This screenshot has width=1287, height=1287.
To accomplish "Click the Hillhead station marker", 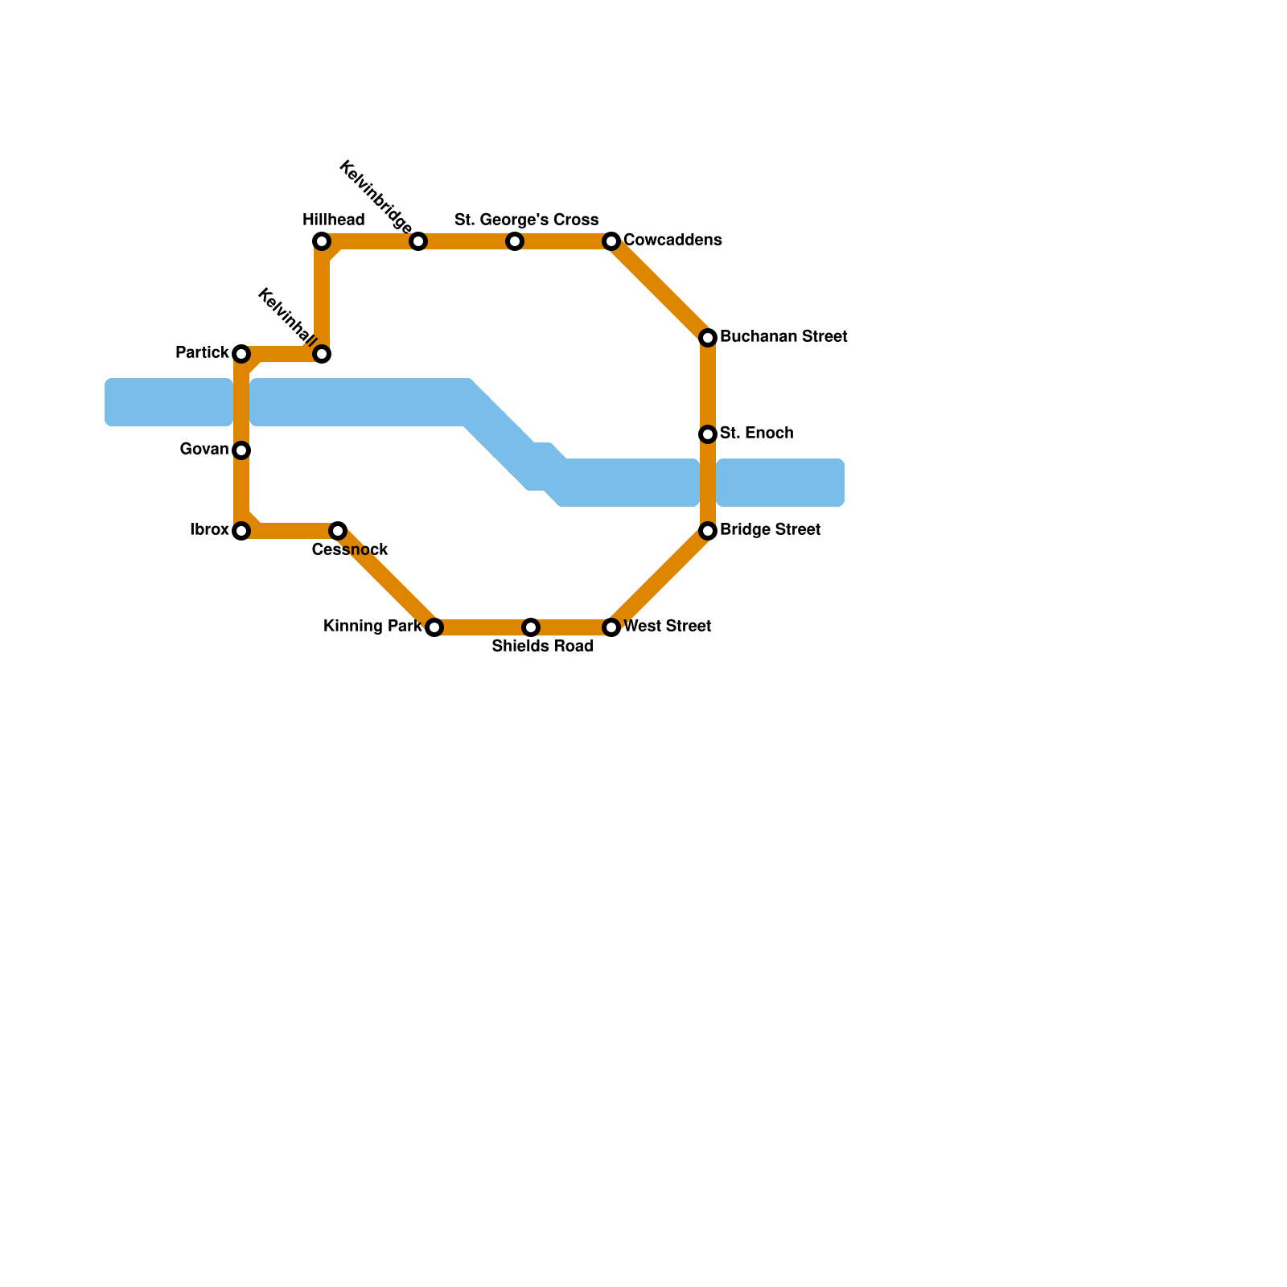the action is click(322, 241).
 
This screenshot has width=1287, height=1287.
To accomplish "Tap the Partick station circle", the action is click(241, 354).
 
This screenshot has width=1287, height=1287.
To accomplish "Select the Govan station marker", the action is click(241, 450).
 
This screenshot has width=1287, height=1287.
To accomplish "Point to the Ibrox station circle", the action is click(241, 531).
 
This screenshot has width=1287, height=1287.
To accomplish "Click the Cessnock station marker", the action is click(338, 531).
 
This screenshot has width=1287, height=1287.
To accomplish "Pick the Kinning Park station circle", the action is click(434, 627).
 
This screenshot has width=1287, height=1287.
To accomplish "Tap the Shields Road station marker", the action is click(531, 627).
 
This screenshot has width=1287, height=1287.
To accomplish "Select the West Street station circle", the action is click(611, 627).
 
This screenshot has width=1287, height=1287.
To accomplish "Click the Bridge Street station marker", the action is click(708, 531).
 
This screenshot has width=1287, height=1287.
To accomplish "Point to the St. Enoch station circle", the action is click(708, 434).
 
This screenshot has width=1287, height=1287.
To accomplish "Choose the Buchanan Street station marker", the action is click(708, 338).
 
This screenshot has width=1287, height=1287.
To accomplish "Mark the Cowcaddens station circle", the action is click(611, 241).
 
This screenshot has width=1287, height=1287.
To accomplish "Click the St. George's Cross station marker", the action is click(515, 241).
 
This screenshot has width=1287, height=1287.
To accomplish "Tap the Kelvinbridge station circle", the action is click(418, 241).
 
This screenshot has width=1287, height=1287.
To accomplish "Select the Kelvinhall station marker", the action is click(322, 354).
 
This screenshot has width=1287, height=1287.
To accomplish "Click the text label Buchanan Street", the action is click(783, 337).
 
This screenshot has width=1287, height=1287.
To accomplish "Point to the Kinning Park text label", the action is click(372, 627).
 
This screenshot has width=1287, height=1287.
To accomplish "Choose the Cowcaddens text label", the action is click(672, 241).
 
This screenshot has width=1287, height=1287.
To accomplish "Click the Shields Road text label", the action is click(542, 647).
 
